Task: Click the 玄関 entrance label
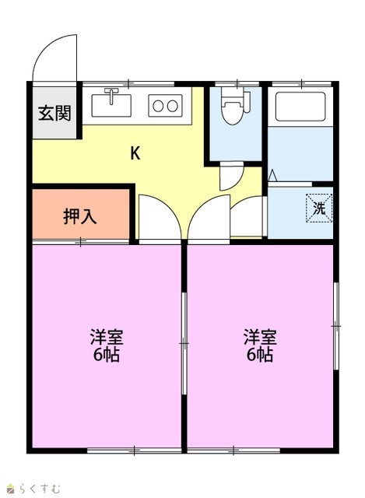pos(54,113)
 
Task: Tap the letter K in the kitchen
pos(135,154)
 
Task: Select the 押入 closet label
pos(79,216)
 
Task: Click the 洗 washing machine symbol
pos(319,209)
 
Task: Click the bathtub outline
pos(300,107)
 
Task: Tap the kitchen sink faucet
pos(111,96)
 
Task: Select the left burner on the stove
pos(158,106)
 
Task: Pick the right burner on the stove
pos(173,106)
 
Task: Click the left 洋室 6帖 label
pos(107,346)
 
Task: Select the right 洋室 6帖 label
pos(260,346)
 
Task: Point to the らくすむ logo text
pos(40,489)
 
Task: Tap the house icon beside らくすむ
pos(11,489)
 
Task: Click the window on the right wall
pos(335,326)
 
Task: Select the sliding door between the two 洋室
pos(184,344)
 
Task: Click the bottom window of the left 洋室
pos(134,451)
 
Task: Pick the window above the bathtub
pos(302,84)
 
